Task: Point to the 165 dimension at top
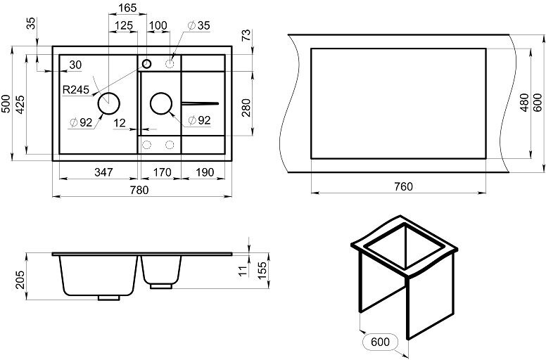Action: click(x=127, y=8)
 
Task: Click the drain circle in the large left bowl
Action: click(x=109, y=103)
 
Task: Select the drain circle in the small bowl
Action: click(x=161, y=103)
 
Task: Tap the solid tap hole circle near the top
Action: click(x=146, y=64)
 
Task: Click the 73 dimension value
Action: click(x=246, y=36)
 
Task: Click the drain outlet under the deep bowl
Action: click(x=108, y=297)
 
